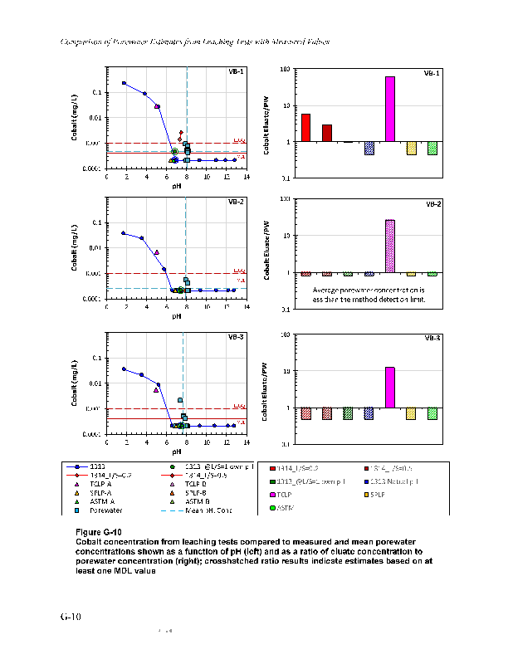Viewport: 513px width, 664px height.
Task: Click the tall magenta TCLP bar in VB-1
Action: (x=390, y=109)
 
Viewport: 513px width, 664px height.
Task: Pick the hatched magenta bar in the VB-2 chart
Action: (x=390, y=246)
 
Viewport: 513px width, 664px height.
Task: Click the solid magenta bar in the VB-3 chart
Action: (x=390, y=387)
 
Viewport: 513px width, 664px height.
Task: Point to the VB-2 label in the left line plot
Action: (x=237, y=202)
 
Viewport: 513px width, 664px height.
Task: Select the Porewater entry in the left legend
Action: (x=100, y=510)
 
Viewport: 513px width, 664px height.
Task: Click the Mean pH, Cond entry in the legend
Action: (x=197, y=510)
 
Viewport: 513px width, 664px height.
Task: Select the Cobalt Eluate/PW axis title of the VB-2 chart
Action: (x=267, y=250)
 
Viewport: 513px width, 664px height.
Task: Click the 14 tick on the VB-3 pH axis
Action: (x=247, y=443)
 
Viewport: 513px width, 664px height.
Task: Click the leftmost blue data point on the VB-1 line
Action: (x=124, y=83)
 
